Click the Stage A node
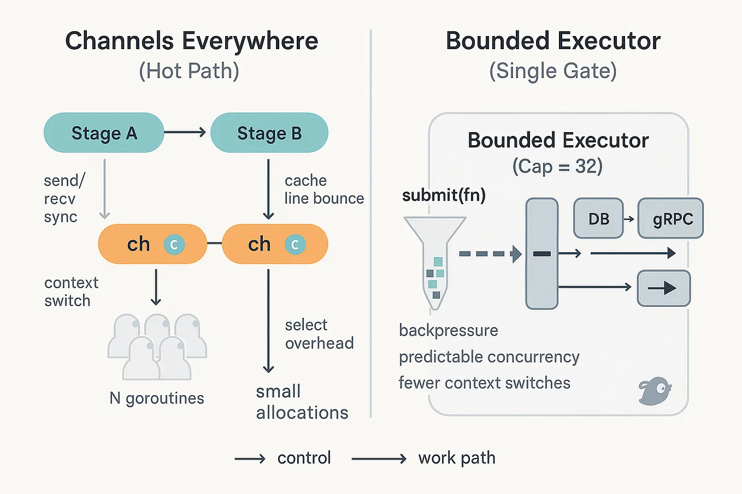104,133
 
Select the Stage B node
269,133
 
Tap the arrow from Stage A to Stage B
185,132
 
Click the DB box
598,219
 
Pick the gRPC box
671,219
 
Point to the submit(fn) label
444,195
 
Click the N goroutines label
157,398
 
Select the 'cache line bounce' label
323,189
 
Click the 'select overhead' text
319,334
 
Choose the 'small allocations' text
302,402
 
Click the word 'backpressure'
448,330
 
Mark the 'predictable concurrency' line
488,357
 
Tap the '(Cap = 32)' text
557,166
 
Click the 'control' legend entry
304,457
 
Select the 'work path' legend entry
456,457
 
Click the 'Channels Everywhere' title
191,41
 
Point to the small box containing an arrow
664,288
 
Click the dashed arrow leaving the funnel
490,254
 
